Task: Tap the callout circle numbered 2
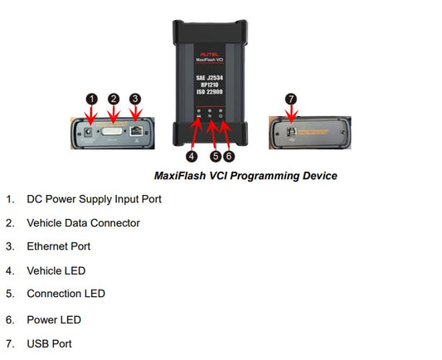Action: pyautogui.click(x=114, y=100)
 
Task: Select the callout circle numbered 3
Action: pyautogui.click(x=134, y=100)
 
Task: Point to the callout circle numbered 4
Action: pyautogui.click(x=192, y=155)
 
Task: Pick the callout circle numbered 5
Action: pyautogui.click(x=215, y=155)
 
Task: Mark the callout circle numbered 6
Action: pyautogui.click(x=230, y=155)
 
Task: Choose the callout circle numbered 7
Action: pyautogui.click(x=290, y=99)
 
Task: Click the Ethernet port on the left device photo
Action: pyautogui.click(x=135, y=130)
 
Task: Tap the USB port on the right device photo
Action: pyautogui.click(x=291, y=129)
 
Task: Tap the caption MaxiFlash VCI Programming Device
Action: pyautogui.click(x=245, y=176)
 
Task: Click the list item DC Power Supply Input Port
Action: pyautogui.click(x=94, y=199)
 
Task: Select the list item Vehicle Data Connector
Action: pyautogui.click(x=83, y=223)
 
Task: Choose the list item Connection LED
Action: pyautogui.click(x=66, y=294)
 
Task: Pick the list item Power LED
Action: pyautogui.click(x=54, y=319)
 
